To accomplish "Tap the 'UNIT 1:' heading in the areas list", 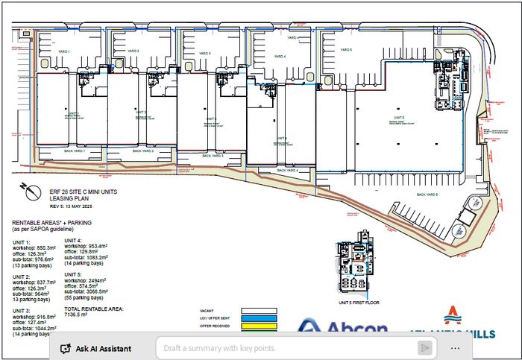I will pos(22,243).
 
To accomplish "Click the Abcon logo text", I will pos(342,328).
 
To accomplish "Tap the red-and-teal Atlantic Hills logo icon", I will pos(452,314).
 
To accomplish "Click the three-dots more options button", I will pos(456,348).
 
